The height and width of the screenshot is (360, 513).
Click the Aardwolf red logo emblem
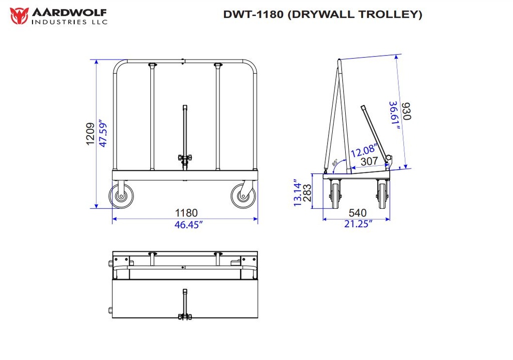coord(19,16)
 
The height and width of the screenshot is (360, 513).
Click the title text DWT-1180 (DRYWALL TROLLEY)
coord(323,14)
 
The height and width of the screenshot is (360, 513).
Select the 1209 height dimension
coord(91,134)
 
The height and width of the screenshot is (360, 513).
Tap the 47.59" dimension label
coord(103,133)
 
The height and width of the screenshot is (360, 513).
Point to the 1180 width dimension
coord(185,213)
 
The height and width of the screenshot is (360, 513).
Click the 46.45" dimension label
coord(188,225)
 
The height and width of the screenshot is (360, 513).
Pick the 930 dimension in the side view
coord(406,111)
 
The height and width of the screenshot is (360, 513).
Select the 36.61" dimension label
coord(395,116)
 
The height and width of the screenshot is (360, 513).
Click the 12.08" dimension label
coord(363,150)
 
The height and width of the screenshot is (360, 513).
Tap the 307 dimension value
coord(370,162)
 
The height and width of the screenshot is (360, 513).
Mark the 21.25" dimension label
coord(358,224)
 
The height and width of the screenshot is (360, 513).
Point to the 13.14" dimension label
coord(298,193)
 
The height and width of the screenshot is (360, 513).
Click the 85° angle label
coord(335,163)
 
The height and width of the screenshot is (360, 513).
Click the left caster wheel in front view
coord(120,196)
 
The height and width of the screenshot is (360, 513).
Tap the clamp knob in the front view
coord(184,159)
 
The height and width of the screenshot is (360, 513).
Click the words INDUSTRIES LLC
coord(69,21)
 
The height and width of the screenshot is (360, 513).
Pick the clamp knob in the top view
coord(184,316)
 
